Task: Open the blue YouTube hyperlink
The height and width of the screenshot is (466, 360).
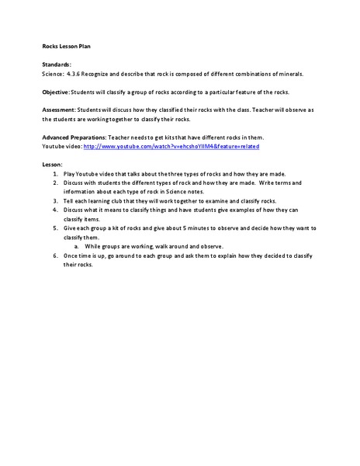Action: click(171, 146)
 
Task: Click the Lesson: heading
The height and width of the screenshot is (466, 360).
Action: click(52, 165)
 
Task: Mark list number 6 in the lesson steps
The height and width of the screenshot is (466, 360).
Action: click(56, 256)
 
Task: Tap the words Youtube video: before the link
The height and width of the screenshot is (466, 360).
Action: click(61, 146)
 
